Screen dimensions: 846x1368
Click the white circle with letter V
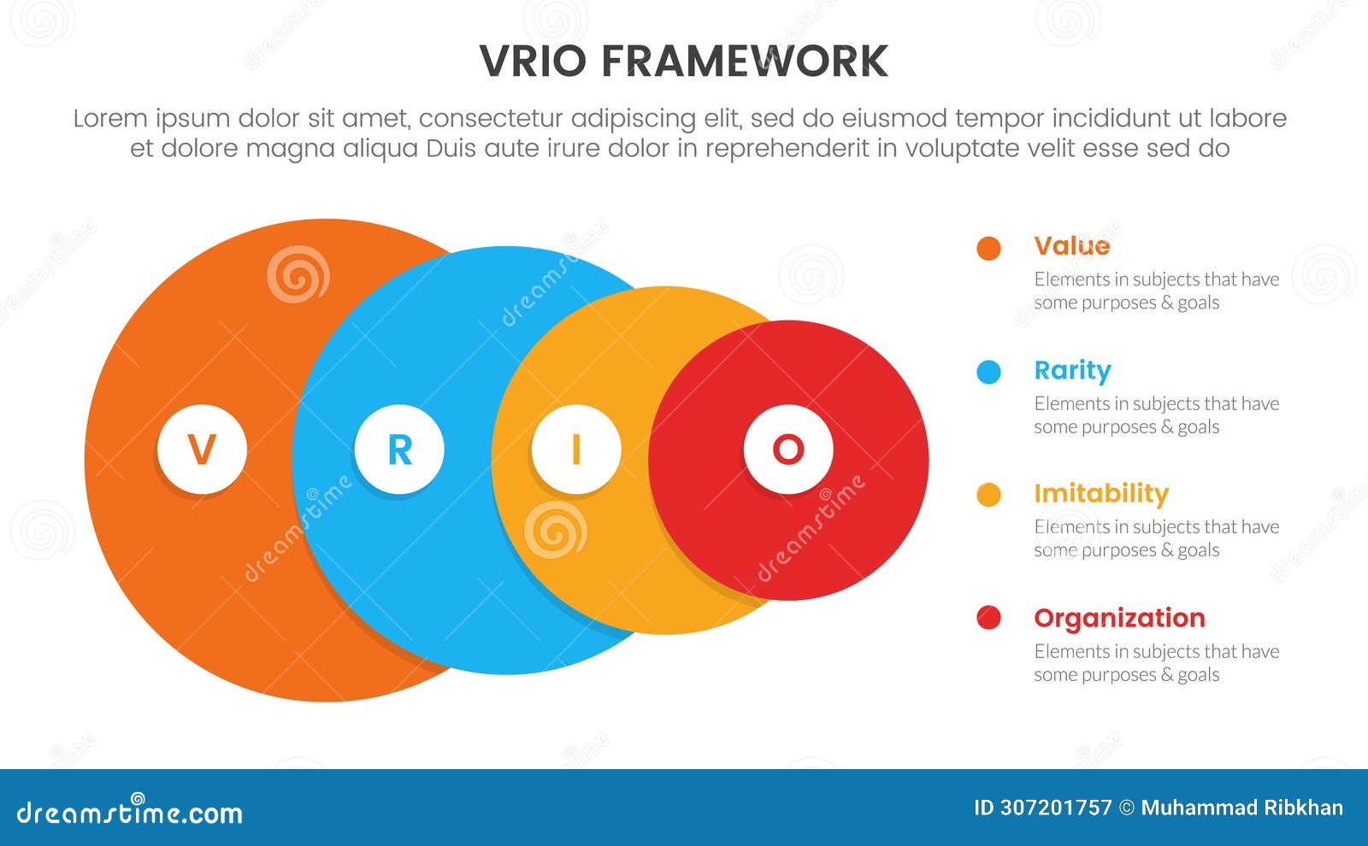(202, 449)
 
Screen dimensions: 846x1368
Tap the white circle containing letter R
(399, 449)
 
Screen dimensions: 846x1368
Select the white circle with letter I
(575, 449)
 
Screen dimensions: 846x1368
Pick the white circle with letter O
(787, 449)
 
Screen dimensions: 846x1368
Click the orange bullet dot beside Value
(988, 249)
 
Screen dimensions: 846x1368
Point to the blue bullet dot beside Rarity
(988, 373)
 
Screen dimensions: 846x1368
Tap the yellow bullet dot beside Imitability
(988, 495)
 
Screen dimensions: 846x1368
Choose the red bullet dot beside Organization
(988, 618)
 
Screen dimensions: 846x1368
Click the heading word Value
(1071, 246)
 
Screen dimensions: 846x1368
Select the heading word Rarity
(1072, 371)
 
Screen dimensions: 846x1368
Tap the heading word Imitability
(1100, 494)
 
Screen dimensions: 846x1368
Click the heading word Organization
(1119, 618)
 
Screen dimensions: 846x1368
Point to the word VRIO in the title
(533, 62)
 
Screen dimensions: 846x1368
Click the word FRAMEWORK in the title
(744, 62)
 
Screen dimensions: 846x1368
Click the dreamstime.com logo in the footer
(130, 811)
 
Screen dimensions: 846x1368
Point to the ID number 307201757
(1055, 808)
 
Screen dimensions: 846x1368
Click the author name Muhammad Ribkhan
(1241, 808)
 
